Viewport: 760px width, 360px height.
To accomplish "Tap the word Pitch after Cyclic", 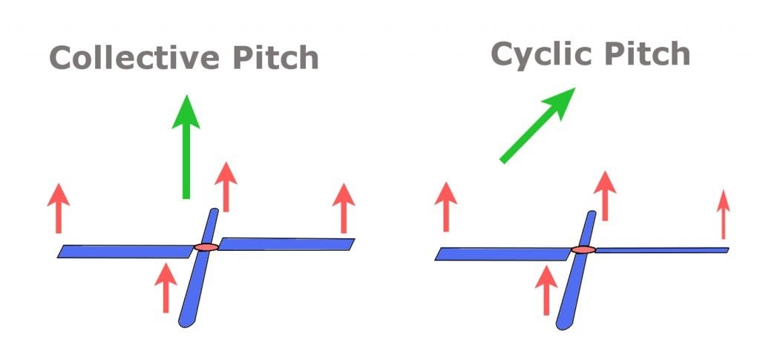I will [x=645, y=53].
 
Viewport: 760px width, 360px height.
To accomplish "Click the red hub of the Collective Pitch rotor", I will [x=206, y=246].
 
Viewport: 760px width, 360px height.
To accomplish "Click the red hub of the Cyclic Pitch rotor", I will [x=583, y=250].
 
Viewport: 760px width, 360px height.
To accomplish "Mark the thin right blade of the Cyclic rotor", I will [x=661, y=250].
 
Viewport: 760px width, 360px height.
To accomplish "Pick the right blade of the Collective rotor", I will [x=286, y=244].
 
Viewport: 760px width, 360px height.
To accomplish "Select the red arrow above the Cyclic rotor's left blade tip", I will [x=445, y=206].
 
